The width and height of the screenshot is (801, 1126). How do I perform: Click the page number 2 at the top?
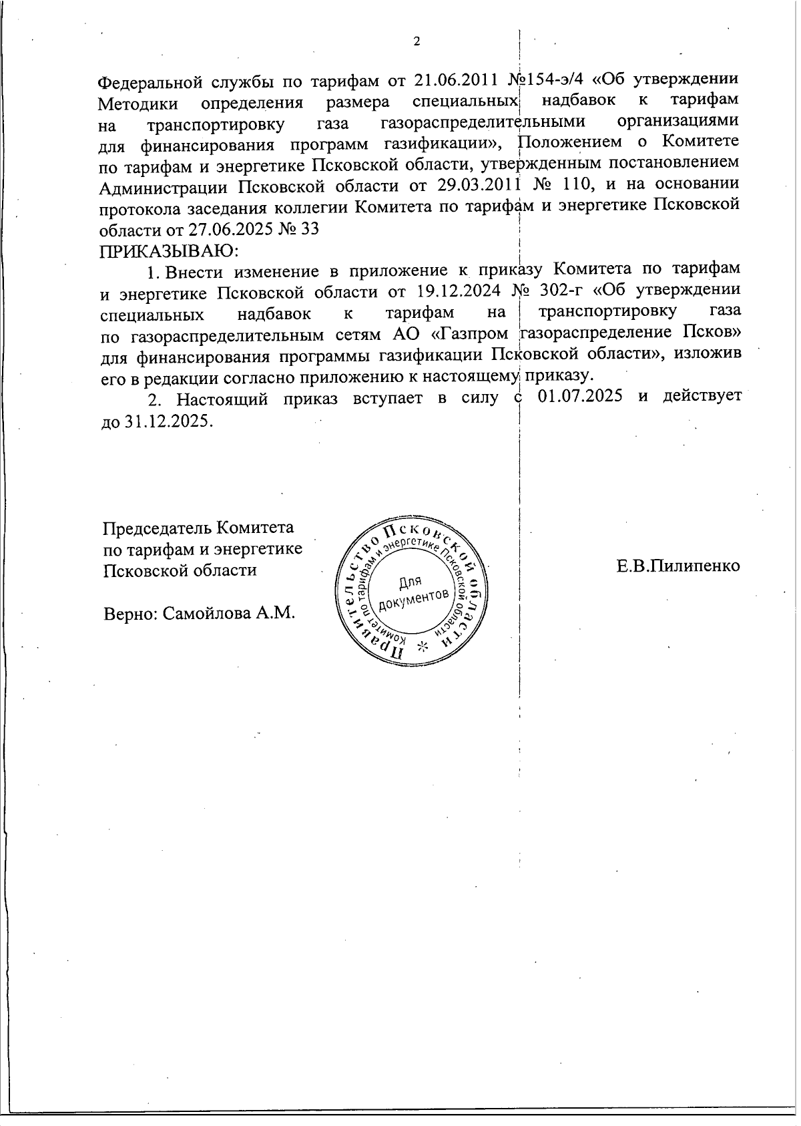click(x=417, y=41)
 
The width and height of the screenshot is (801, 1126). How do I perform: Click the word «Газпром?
click(x=476, y=333)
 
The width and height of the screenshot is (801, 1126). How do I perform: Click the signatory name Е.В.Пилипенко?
click(x=678, y=566)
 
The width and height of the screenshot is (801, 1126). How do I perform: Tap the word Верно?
click(x=130, y=612)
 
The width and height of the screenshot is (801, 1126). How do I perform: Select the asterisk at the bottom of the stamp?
click(x=421, y=646)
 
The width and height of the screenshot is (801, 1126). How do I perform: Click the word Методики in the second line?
click(x=138, y=104)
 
